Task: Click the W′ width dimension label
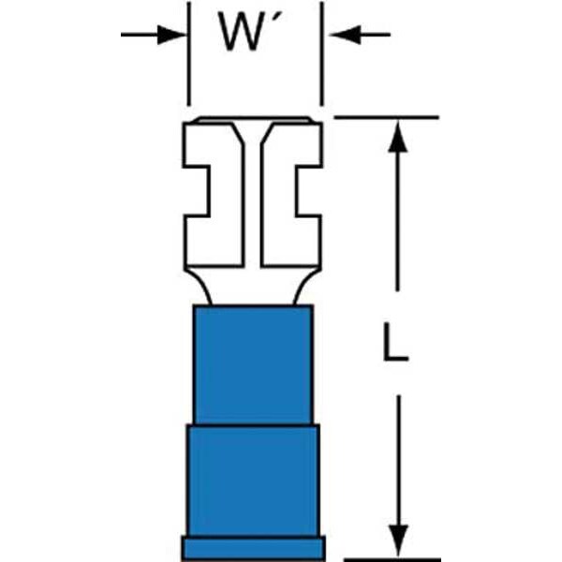click(250, 32)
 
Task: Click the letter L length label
click(395, 342)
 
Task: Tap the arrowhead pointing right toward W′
click(171, 35)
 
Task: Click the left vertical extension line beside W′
click(188, 53)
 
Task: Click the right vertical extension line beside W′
click(321, 53)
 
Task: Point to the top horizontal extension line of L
click(386, 117)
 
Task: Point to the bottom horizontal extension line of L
click(392, 559)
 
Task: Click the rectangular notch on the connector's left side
click(196, 191)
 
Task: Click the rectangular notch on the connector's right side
click(309, 191)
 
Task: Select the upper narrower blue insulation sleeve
click(253, 365)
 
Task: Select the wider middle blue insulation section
click(253, 481)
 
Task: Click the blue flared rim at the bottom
click(254, 549)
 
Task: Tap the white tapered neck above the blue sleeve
click(253, 286)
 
